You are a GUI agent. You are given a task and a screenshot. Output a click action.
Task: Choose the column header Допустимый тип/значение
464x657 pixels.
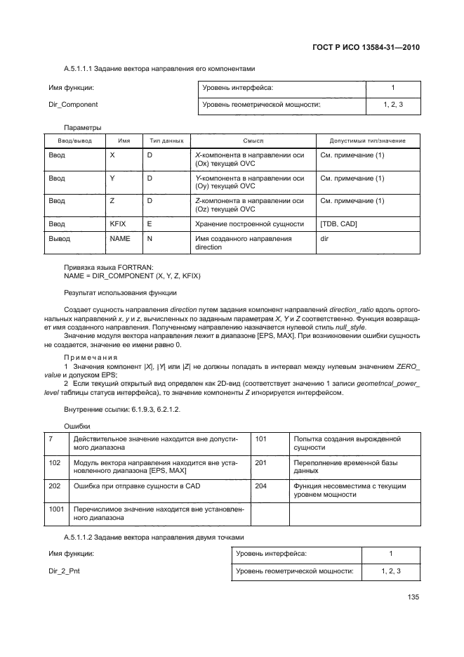click(x=369, y=141)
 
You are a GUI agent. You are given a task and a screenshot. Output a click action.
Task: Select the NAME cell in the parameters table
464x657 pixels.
click(x=120, y=239)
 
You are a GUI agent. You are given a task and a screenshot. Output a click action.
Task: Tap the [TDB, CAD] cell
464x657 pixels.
click(x=339, y=223)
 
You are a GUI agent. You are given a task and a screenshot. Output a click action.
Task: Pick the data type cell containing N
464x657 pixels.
click(x=150, y=239)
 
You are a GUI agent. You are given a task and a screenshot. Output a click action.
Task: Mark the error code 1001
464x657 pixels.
click(x=56, y=507)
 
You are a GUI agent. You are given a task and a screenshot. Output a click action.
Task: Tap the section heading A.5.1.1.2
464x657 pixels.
click(x=156, y=538)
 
